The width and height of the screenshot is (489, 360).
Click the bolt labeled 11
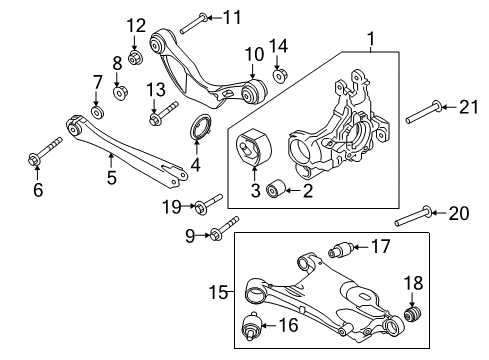point(197,17)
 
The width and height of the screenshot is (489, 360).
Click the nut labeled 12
point(137,46)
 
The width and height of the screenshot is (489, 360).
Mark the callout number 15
point(224,292)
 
